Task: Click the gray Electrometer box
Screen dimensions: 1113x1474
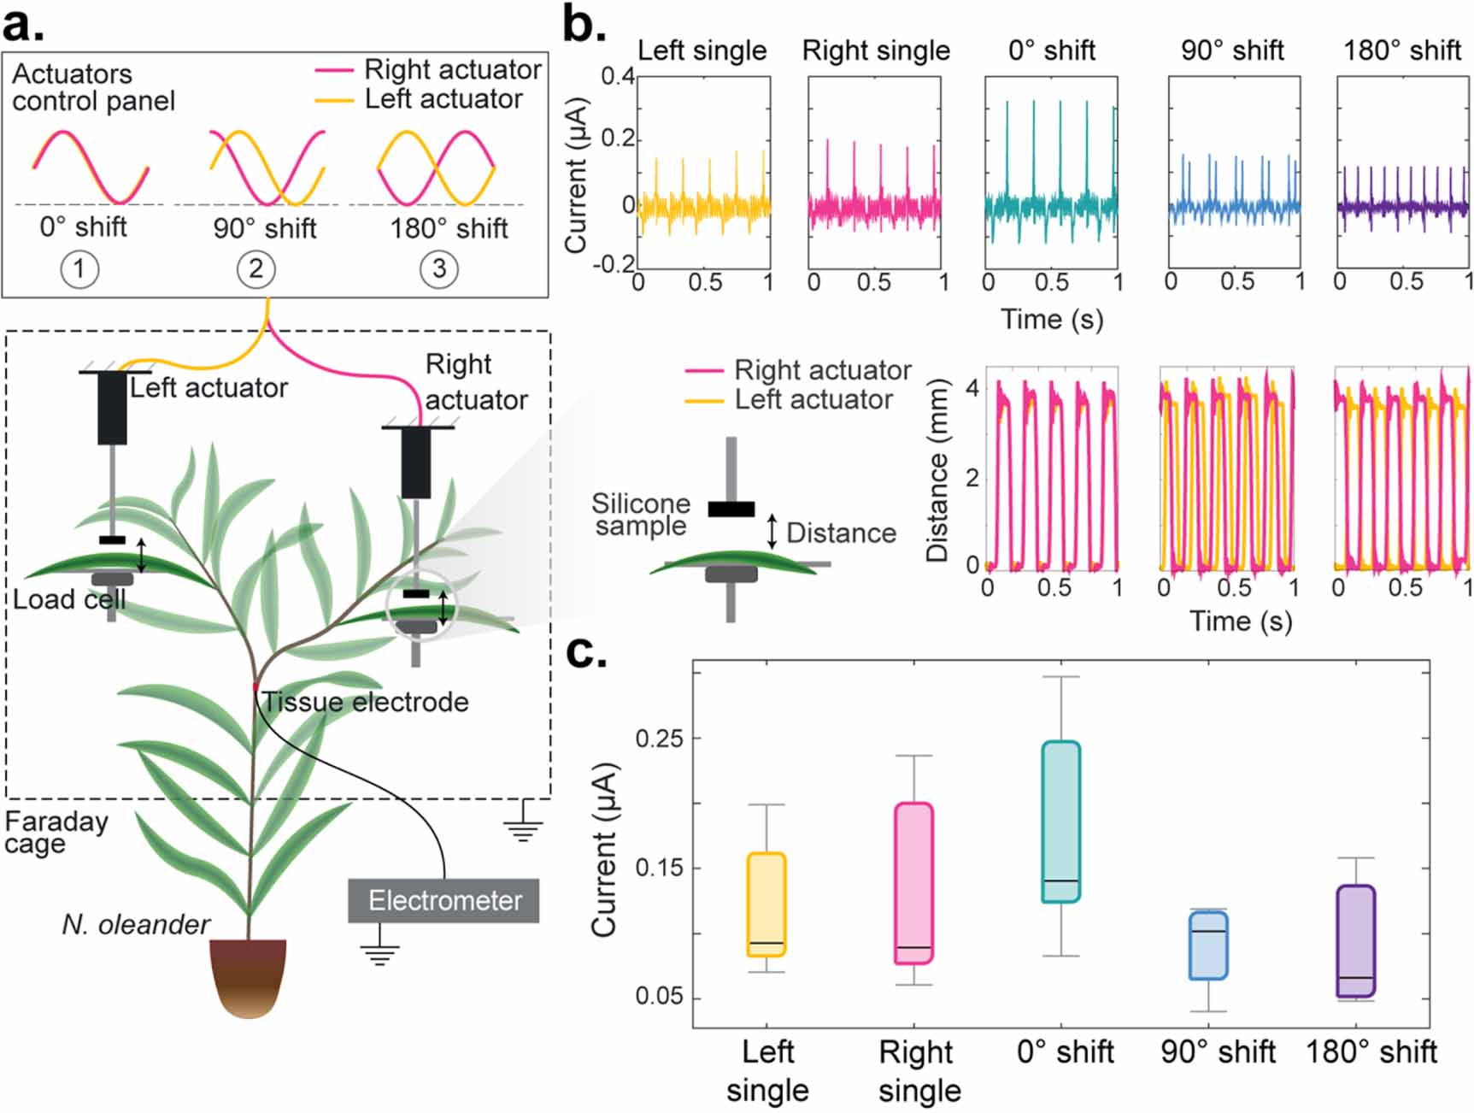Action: click(443, 900)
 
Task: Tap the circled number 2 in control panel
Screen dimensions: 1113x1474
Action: click(255, 269)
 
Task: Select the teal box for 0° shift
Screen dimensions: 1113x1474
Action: click(1061, 821)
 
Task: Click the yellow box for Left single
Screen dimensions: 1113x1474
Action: click(766, 904)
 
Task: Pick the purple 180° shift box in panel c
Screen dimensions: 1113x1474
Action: click(1356, 940)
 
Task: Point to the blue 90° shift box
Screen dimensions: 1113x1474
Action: click(1208, 945)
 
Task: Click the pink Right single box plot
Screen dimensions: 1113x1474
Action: click(913, 882)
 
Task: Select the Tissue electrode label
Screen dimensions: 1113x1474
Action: click(365, 702)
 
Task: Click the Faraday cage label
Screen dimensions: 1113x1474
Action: click(56, 832)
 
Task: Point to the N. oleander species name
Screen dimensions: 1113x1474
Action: click(136, 924)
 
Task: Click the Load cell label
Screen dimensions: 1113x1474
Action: click(68, 599)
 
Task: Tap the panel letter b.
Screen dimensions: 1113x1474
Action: click(584, 26)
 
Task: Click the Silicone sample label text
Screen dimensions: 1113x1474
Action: click(640, 514)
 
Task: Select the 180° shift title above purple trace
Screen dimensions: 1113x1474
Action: click(1401, 50)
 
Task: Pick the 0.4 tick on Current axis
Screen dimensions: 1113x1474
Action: click(618, 77)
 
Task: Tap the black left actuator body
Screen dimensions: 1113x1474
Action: click(112, 408)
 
